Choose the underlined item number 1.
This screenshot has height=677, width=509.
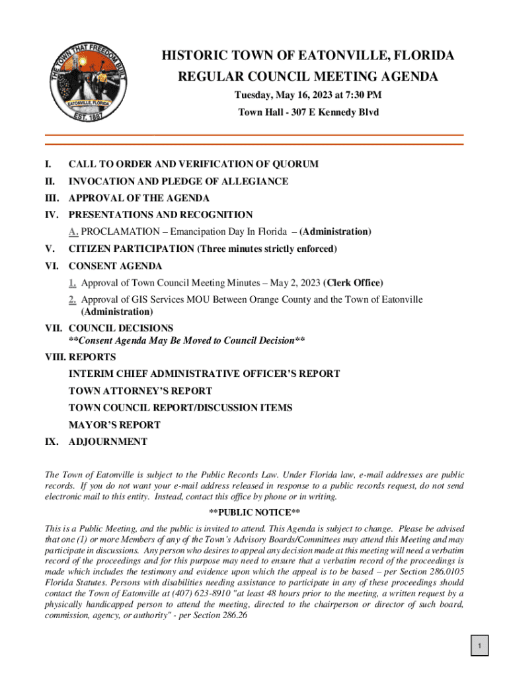tap(72, 283)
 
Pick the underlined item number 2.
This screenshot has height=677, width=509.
tap(72, 300)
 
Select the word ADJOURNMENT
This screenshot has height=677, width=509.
tap(108, 442)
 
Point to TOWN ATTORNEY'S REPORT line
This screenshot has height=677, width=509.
tap(140, 391)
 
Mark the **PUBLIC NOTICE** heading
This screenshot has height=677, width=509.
tap(255, 513)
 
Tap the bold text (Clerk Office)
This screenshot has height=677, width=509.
tap(353, 283)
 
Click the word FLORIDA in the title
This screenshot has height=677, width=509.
tap(422, 56)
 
